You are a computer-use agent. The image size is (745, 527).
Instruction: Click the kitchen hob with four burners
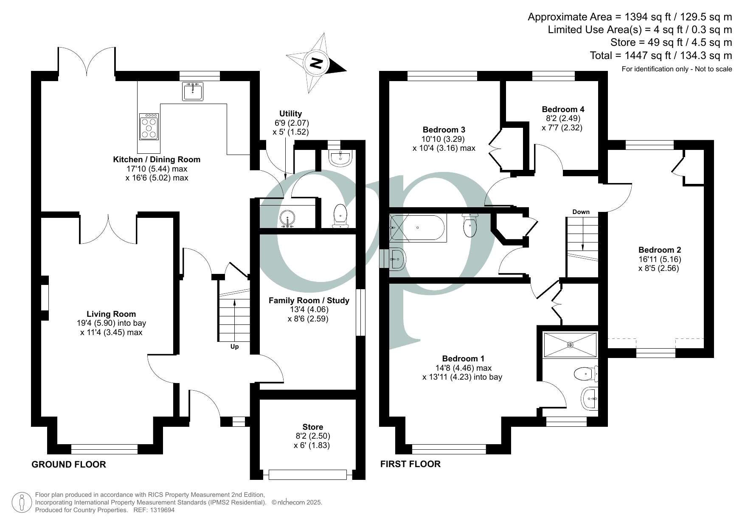coord(149,126)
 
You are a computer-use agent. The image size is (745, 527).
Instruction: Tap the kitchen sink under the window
coord(193,91)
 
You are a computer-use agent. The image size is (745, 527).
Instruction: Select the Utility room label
coord(290,113)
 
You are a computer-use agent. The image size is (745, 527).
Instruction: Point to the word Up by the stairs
coord(234,347)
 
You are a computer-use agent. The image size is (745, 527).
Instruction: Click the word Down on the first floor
coord(581,212)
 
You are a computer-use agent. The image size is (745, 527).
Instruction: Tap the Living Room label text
coord(111,314)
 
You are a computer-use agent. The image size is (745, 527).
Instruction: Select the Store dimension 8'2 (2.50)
coord(312,436)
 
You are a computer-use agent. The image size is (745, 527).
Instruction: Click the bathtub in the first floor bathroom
coord(418,228)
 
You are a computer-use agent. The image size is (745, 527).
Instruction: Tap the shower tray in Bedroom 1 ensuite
coord(570,344)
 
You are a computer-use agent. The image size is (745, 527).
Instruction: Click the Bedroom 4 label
coord(563,109)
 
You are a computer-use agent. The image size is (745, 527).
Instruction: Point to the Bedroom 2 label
coord(659,250)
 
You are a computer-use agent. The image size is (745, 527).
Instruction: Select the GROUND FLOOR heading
coord(69,464)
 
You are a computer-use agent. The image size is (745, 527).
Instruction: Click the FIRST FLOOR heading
coord(410,464)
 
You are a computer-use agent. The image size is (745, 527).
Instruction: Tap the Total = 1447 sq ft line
coord(661,55)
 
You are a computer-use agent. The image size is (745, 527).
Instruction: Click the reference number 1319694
coord(160,510)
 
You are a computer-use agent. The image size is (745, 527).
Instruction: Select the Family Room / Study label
coord(309,300)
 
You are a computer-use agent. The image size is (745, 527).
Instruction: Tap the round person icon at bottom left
coord(21,502)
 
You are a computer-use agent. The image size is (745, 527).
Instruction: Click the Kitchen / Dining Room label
coord(156,159)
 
